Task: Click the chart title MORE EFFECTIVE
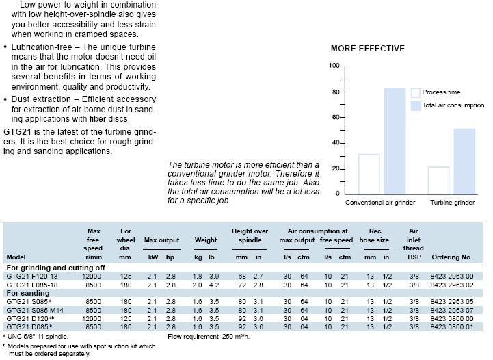pos(368,49)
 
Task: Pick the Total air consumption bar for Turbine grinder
pos(464,161)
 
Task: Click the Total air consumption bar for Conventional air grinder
pos(395,141)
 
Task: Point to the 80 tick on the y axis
pos(336,92)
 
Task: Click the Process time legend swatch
pos(415,92)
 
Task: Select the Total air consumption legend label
pos(453,105)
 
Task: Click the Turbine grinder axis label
pos(452,203)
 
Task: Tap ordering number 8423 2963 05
pos(451,301)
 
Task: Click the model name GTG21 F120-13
pos(32,277)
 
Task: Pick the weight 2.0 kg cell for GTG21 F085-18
pos(197,285)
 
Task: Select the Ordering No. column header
pos(452,257)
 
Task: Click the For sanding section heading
pos(28,293)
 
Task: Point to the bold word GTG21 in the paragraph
pos(17,131)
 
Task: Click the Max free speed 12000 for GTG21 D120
pos(92,318)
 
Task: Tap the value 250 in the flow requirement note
pos(227,337)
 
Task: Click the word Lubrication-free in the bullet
pos(42,47)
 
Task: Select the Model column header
pos(16,257)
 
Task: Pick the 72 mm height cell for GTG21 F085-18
pos(242,285)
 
